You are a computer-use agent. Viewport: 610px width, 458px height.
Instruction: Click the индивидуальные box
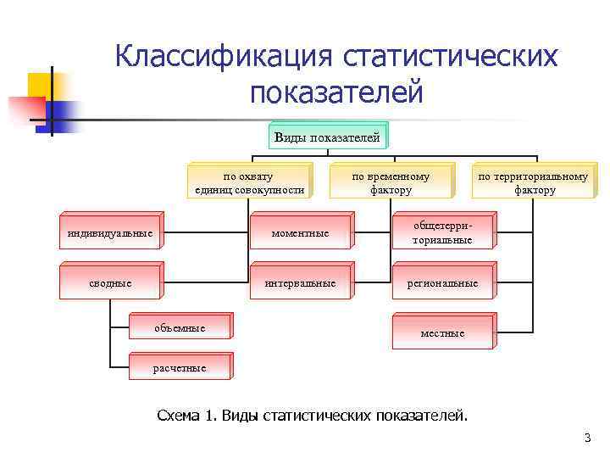110,233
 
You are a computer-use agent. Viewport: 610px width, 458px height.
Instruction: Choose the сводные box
110,282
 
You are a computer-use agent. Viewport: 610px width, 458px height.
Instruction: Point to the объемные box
179,328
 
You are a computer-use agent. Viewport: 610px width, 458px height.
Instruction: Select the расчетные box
179,368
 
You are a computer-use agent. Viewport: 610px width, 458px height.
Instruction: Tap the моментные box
300,233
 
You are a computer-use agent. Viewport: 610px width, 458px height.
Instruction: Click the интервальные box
300,282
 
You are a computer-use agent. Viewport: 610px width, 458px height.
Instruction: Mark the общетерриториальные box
442,233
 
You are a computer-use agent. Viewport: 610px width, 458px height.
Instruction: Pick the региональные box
442,283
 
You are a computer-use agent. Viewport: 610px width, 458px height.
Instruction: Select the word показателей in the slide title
335,92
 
